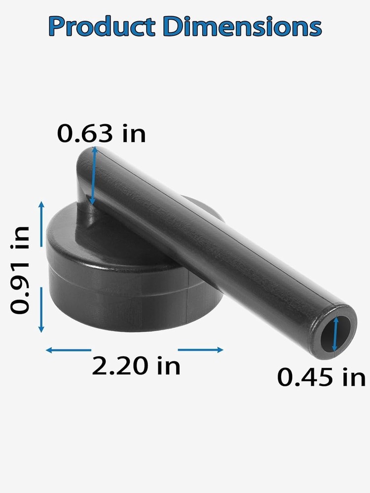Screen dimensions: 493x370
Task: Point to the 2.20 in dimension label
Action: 136,366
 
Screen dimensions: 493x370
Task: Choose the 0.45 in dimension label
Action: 321,378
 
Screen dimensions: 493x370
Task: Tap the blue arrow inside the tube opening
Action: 336,334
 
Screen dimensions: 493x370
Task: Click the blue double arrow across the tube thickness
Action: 93,176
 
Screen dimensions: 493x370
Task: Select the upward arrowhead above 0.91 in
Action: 41,206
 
